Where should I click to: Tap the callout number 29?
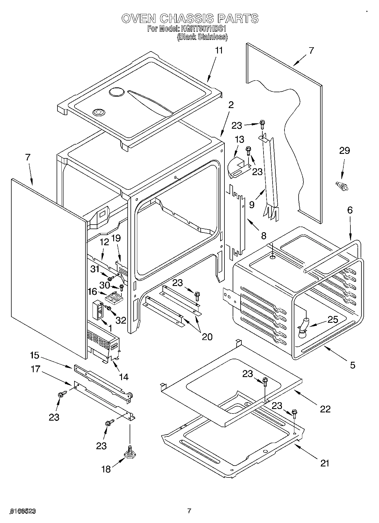pos(344,150)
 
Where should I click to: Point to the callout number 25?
pos(333,320)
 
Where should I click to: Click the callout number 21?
pos(325,463)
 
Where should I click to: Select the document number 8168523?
pos(23,511)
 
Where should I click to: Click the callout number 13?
pos(239,139)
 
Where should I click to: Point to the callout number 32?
pos(121,320)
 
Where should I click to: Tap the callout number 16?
pos(92,291)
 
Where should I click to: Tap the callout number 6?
pos(350,210)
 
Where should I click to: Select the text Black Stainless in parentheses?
pos(202,37)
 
